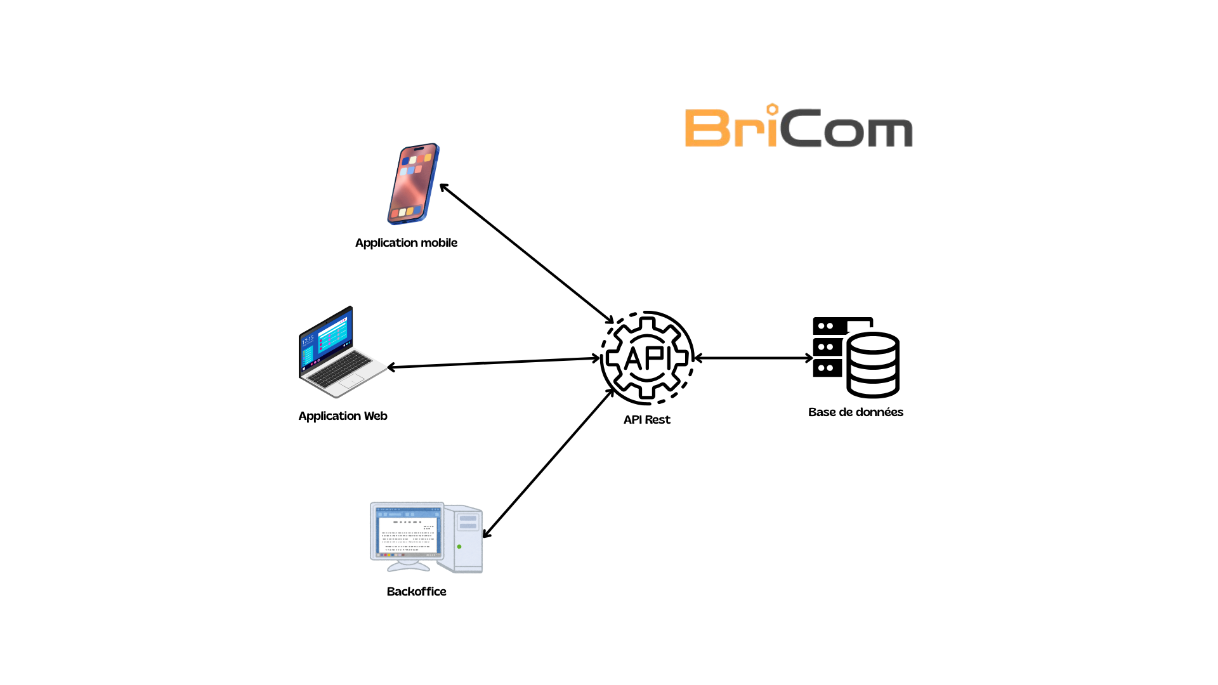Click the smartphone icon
(414, 184)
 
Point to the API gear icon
(647, 358)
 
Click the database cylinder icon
(873, 365)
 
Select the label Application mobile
(406, 243)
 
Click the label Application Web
(343, 416)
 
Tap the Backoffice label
(416, 592)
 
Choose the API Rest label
(646, 420)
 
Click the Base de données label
(855, 412)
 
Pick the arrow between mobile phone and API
(527, 253)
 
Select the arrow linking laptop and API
(494, 363)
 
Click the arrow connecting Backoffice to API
(548, 464)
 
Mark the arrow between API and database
(754, 358)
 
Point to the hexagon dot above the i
(772, 109)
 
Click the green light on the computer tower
(459, 547)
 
